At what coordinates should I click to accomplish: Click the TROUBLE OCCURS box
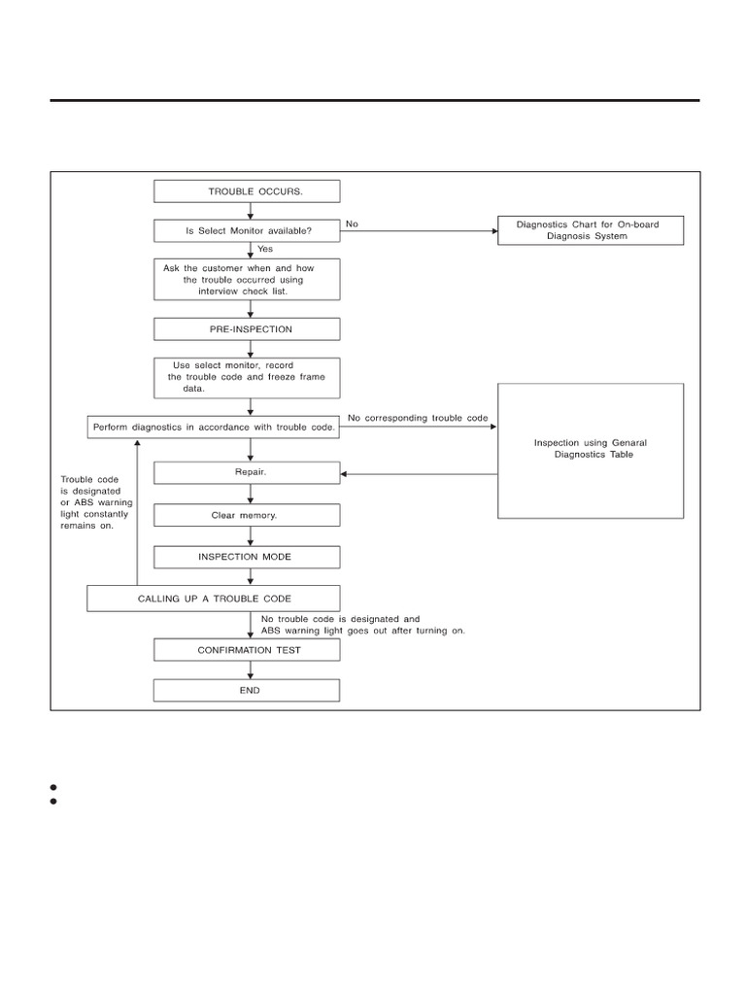coord(247,191)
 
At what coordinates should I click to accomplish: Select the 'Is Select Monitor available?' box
coord(247,231)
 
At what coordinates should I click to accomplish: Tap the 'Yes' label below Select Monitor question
coord(265,249)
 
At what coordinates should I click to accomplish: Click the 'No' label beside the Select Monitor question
coord(352,224)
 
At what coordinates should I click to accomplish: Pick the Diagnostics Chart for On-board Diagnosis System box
coord(591,230)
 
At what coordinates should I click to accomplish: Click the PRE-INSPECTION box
coord(247,329)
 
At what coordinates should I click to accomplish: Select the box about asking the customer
coord(247,279)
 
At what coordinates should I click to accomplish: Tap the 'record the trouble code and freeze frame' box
coord(247,378)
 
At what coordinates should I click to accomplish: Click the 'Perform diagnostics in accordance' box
coord(213,428)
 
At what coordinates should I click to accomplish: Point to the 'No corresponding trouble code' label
coord(418,418)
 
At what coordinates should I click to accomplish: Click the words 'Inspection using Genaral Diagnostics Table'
coord(591,449)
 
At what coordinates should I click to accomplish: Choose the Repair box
coord(247,473)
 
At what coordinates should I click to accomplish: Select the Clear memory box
coord(247,515)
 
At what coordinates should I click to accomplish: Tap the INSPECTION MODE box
coord(247,557)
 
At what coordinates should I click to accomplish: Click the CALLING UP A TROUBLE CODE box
coord(213,599)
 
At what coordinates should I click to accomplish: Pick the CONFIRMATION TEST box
coord(247,650)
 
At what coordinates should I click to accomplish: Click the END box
coord(247,691)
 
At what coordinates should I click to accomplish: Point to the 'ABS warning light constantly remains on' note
coord(96,502)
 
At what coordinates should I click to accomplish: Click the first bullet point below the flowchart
coord(53,787)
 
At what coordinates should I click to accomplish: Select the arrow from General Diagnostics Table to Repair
coord(419,474)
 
